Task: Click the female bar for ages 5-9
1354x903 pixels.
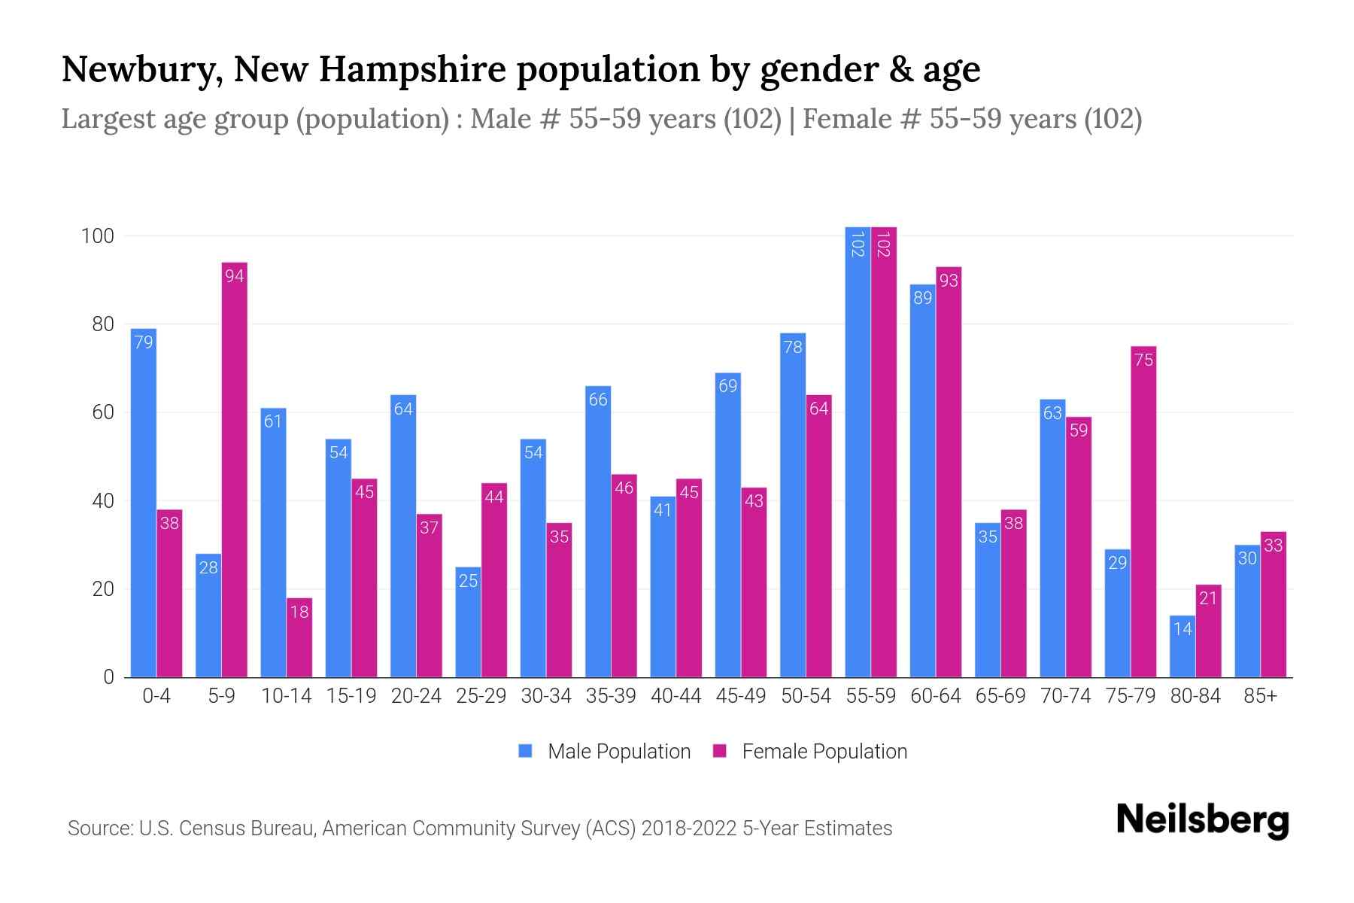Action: (235, 470)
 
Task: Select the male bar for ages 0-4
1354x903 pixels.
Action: (144, 503)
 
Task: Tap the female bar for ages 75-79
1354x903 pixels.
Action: (1143, 512)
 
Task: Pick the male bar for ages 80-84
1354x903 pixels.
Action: (1182, 646)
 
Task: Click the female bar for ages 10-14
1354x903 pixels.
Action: (299, 638)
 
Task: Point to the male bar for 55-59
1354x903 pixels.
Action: (858, 451)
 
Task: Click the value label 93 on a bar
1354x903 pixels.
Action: (949, 281)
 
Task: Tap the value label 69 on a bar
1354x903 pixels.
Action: (728, 386)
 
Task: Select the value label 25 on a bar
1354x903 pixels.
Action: (468, 580)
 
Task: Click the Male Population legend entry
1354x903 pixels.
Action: (605, 751)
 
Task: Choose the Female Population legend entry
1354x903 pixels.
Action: (810, 751)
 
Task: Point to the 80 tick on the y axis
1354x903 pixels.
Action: (102, 324)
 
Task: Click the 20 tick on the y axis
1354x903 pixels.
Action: (102, 589)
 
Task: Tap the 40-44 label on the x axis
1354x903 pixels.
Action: (675, 696)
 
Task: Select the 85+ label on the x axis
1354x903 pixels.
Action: (1260, 696)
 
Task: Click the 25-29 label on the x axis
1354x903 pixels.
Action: (481, 696)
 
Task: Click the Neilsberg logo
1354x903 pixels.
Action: (1202, 820)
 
